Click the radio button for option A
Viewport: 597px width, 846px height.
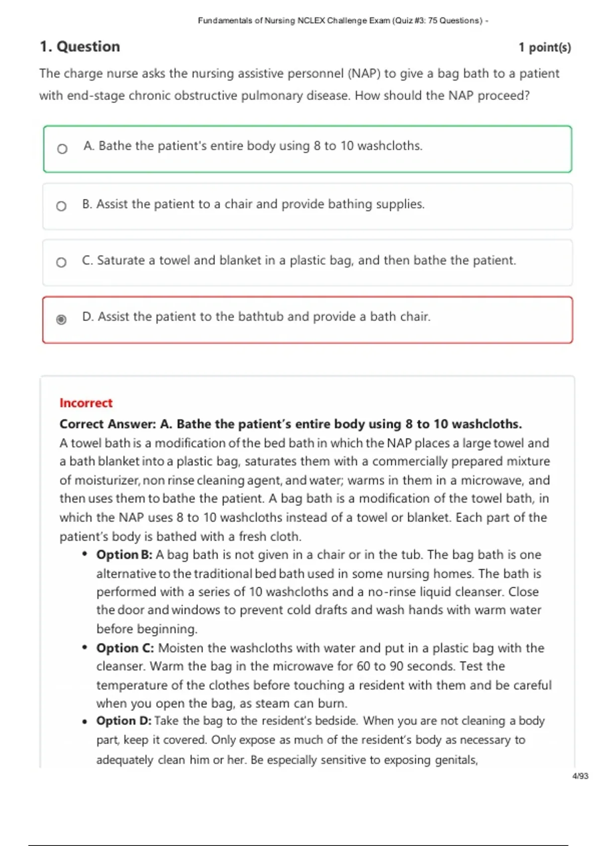62,149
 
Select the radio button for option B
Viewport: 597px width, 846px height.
61,206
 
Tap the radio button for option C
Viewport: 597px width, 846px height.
61,262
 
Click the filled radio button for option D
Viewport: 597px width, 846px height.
61,319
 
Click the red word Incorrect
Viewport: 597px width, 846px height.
86,403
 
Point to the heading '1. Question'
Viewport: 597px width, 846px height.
80,46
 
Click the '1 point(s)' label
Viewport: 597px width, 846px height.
544,47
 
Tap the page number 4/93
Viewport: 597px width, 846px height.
580,776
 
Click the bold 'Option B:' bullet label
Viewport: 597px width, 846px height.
124,554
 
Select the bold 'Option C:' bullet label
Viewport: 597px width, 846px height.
125,648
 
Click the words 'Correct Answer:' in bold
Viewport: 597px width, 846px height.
108,424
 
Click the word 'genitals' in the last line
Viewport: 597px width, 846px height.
455,760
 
